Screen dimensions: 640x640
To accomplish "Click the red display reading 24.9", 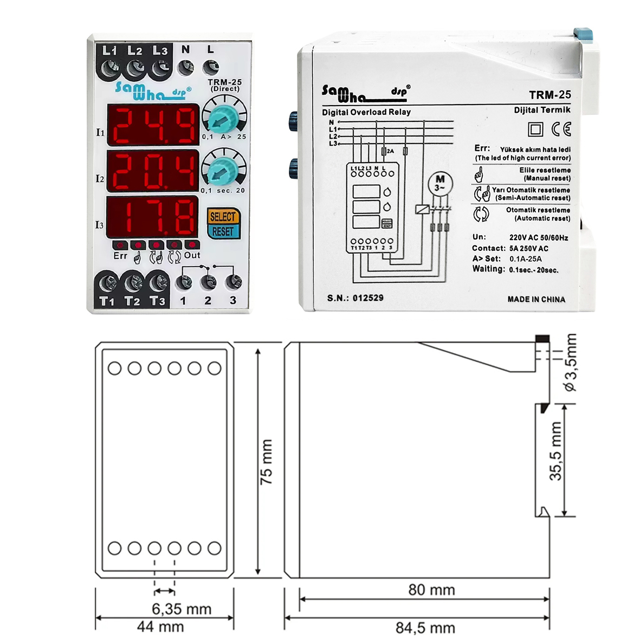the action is [153, 125].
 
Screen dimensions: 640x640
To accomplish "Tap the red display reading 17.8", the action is [152, 217].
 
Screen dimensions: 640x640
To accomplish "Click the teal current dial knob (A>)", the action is [223, 118].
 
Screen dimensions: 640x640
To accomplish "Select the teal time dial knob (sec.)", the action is [222, 170].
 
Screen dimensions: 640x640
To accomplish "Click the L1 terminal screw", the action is [109, 68].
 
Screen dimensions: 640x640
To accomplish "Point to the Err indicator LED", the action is [120, 245].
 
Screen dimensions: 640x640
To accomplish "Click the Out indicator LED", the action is [192, 245].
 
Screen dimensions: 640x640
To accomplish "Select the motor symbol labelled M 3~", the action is [440, 183].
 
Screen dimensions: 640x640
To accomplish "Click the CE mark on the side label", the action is [561, 129].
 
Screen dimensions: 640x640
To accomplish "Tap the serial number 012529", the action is [368, 298].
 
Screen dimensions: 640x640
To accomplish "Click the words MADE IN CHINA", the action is [536, 299].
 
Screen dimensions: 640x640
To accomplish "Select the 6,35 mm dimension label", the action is [182, 609].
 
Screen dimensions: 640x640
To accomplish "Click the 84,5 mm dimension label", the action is [425, 628].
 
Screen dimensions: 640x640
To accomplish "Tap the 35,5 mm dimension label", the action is [555, 451].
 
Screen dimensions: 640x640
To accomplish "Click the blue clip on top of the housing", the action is [583, 34].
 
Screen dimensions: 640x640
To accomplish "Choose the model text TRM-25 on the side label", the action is [550, 95].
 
